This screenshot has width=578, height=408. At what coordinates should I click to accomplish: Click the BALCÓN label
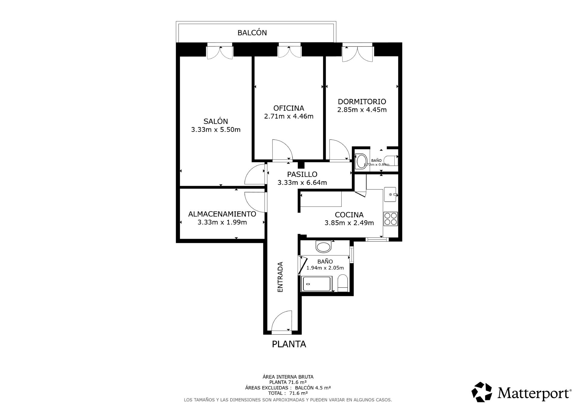[252, 32]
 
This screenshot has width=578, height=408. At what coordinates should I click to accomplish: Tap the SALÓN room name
[216, 121]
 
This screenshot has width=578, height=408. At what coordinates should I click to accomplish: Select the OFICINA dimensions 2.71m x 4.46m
[289, 116]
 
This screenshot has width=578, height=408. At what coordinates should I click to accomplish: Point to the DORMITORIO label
[362, 102]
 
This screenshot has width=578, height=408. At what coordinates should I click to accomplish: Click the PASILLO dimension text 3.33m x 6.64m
[302, 183]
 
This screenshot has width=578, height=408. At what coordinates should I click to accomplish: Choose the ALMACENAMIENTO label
[222, 214]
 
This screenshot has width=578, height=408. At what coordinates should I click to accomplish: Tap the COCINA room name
[349, 215]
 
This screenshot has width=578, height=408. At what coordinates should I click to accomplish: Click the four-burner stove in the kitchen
[390, 219]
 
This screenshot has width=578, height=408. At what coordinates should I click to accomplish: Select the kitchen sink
[390, 195]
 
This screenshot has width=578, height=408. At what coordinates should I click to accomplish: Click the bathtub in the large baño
[317, 284]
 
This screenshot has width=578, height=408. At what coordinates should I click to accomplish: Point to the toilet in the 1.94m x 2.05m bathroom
[343, 283]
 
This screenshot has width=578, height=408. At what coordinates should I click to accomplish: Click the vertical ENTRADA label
[280, 277]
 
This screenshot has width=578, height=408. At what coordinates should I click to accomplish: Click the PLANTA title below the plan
[289, 344]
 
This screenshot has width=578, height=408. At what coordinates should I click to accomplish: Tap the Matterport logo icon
[482, 392]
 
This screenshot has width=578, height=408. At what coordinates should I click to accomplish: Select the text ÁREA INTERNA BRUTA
[288, 377]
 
